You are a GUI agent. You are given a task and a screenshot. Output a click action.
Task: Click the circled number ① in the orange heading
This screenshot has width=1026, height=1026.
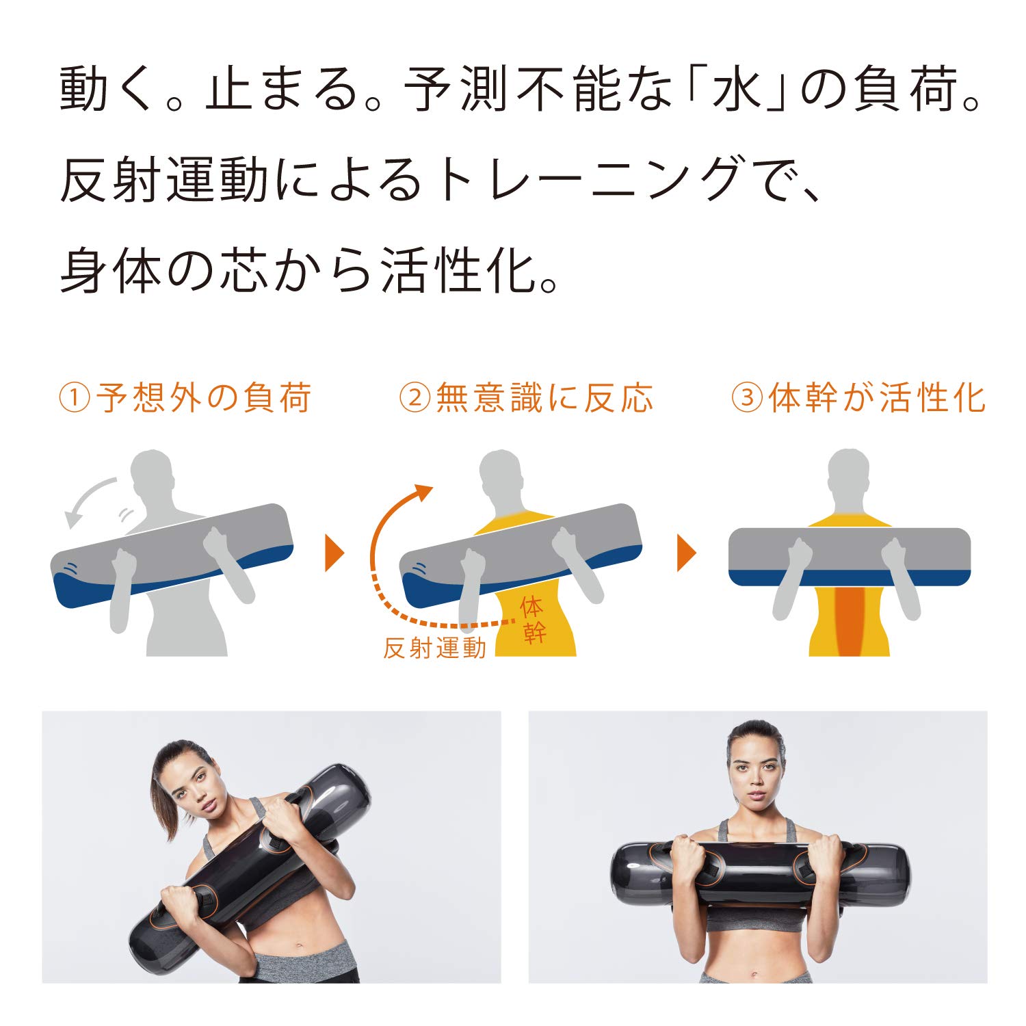[75, 398]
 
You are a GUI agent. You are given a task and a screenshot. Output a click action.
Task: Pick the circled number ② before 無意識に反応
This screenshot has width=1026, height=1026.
[415, 398]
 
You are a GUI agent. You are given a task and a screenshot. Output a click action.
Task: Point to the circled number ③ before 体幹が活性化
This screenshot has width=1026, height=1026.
[747, 398]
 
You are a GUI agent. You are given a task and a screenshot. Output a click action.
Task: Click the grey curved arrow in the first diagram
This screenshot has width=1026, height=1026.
[89, 499]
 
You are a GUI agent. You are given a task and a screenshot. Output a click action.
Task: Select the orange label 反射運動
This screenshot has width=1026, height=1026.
[434, 647]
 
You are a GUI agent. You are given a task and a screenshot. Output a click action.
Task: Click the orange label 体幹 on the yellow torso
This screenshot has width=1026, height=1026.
[533, 620]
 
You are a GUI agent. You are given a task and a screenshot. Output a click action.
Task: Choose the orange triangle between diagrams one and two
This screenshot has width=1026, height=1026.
[334, 553]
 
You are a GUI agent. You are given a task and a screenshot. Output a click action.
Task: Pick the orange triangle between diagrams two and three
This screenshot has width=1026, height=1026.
[685, 553]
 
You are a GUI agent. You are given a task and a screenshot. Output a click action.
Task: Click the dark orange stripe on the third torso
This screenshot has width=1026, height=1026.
[850, 619]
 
